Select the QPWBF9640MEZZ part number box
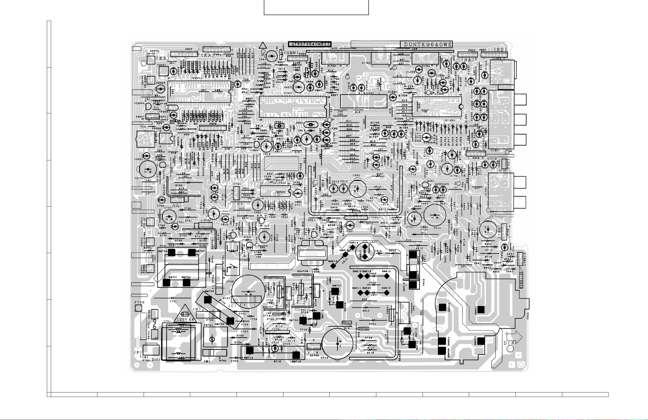click(310, 44)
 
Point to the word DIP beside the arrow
click(509, 343)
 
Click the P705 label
click(139, 302)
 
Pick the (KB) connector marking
click(163, 58)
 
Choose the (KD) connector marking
click(500, 50)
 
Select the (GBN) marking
click(291, 52)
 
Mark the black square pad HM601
click(481, 310)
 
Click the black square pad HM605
click(481, 341)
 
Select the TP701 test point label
click(347, 322)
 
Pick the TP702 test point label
click(364, 329)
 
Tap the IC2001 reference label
click(196, 78)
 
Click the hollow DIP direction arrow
click(514, 337)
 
